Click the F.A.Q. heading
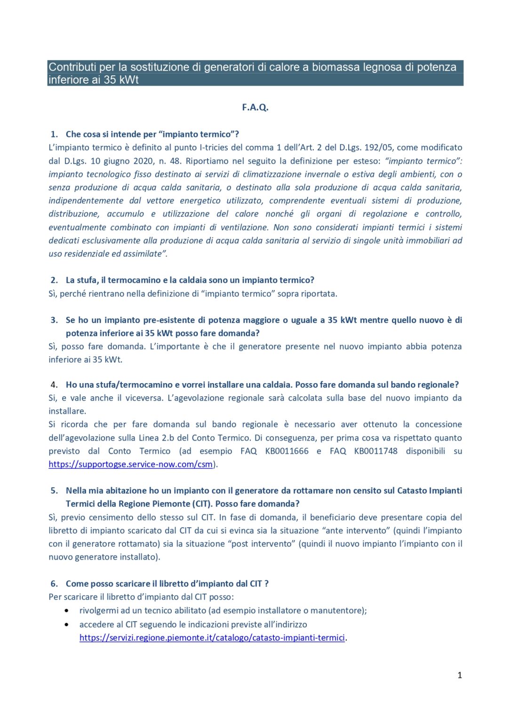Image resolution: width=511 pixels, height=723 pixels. tap(255, 107)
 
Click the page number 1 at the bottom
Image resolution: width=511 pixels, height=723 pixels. tap(459, 675)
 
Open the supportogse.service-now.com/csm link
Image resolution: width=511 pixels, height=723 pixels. tap(130, 464)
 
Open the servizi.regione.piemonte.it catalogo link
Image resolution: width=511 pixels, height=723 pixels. tap(212, 638)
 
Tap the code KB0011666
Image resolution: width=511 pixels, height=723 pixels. tap(287, 451)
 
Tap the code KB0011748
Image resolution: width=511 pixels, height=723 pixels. tap(375, 451)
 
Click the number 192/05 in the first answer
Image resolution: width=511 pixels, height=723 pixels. tap(378, 147)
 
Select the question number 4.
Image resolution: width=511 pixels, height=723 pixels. tap(54, 385)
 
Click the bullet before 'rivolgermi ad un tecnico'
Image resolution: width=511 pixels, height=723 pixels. tap(67, 611)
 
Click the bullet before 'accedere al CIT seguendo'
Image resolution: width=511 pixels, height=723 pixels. tap(67, 625)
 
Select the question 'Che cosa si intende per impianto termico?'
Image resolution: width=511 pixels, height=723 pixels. tap(152, 134)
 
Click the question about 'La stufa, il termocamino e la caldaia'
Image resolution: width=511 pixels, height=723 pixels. tap(190, 280)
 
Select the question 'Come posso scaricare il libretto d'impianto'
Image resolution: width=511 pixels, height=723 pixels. tap(167, 584)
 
